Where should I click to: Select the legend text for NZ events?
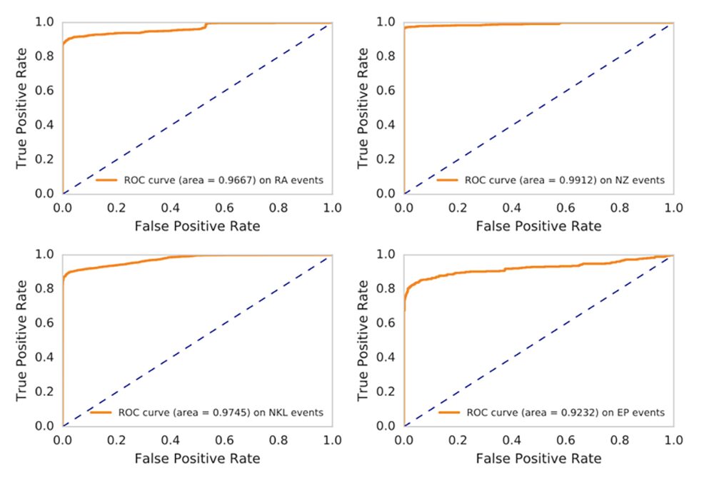tap(564, 180)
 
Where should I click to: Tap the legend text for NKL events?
tap(221, 412)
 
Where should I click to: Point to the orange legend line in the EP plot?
tap(448, 412)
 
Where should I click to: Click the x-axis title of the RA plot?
tap(196, 225)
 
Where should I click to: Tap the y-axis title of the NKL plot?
tap(22, 340)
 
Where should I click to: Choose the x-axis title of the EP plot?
tap(538, 457)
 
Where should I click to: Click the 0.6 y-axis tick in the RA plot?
tap(45, 91)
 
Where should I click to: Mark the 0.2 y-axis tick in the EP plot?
tap(386, 392)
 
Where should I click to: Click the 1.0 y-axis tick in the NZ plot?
tap(386, 22)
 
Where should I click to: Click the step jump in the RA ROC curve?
tap(206, 26)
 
